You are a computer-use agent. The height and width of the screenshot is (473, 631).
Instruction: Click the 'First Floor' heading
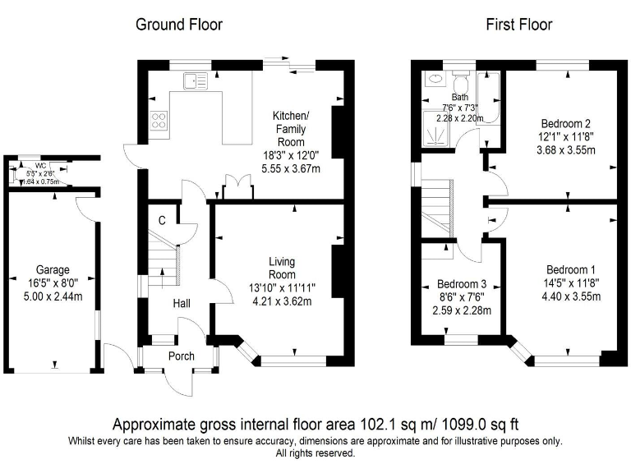click(518, 25)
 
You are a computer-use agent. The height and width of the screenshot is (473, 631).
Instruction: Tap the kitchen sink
click(196, 80)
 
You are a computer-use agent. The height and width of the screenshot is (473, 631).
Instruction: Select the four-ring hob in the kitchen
click(159, 123)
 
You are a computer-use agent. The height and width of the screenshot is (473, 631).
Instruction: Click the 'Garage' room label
click(53, 269)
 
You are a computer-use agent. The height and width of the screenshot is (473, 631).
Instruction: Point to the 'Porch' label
click(182, 356)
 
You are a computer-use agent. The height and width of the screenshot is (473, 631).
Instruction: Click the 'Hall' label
click(182, 304)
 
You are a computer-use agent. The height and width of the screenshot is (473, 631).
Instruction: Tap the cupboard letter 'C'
click(162, 219)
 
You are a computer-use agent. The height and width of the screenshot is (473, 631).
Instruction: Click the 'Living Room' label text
click(282, 268)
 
